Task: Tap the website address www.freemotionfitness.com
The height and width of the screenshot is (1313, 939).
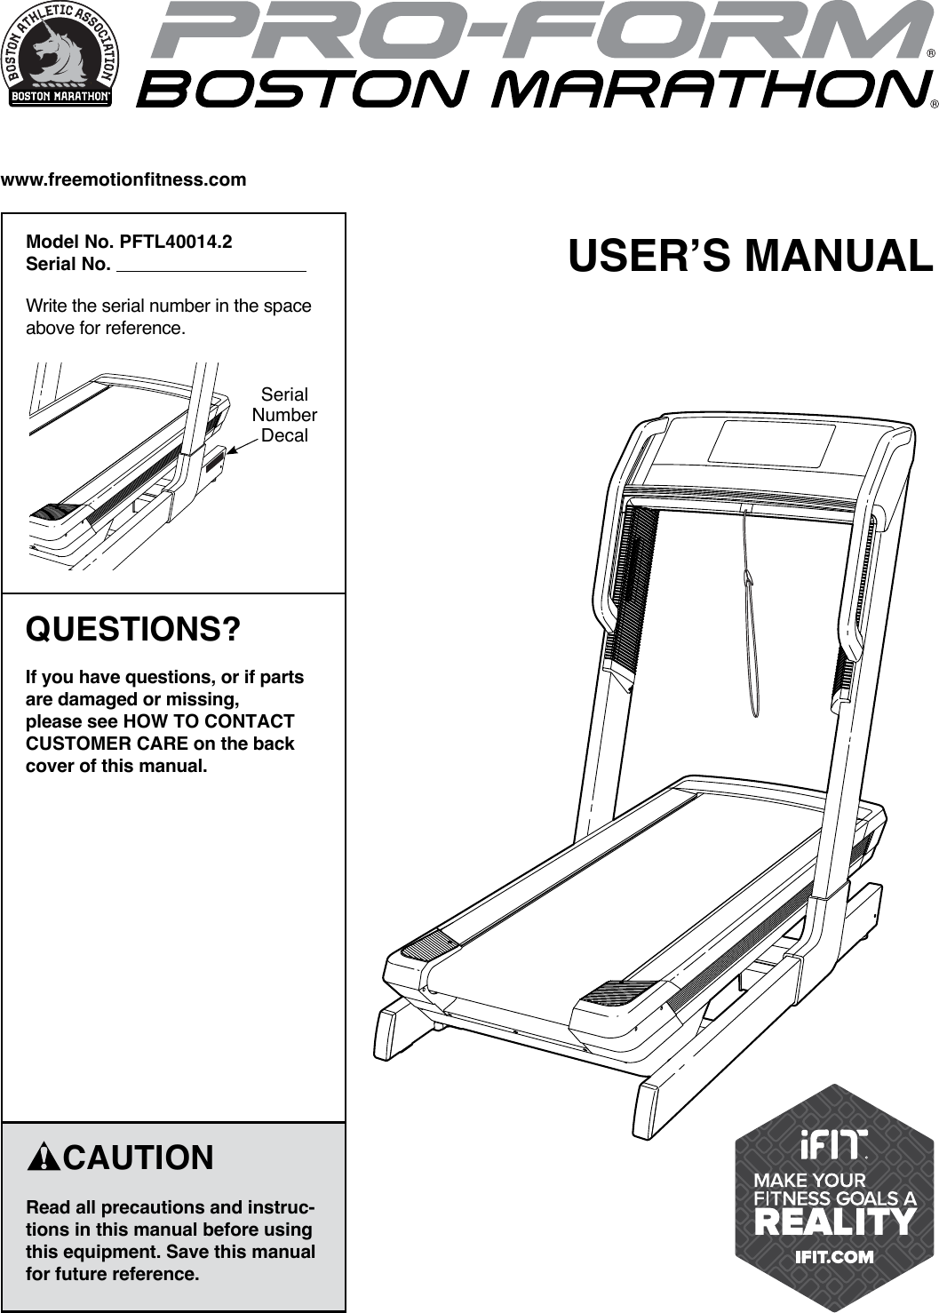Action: click(x=124, y=180)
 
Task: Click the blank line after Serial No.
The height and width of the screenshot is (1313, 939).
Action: click(x=211, y=265)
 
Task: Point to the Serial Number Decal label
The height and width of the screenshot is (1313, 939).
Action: click(x=284, y=415)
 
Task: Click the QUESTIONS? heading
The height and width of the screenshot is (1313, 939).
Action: click(x=134, y=630)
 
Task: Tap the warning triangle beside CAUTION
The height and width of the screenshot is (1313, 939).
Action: click(x=43, y=1158)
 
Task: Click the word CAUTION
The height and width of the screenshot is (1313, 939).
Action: click(x=139, y=1158)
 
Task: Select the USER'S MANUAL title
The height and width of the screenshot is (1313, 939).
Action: click(x=751, y=255)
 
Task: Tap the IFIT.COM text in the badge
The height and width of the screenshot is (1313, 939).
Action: click(x=833, y=1256)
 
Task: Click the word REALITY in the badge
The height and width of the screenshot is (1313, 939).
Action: click(x=833, y=1222)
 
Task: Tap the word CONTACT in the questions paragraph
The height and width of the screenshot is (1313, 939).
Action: click(x=255, y=721)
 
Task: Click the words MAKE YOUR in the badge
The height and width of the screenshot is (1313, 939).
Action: click(x=809, y=1180)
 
